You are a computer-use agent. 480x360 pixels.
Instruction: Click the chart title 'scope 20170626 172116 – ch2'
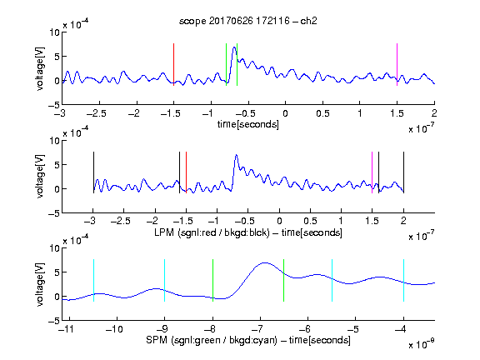click(x=248, y=21)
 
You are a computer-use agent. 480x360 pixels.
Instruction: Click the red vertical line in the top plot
click(x=173, y=65)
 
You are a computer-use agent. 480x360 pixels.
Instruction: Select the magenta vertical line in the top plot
click(x=397, y=65)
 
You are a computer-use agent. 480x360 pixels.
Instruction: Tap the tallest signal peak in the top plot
click(x=234, y=47)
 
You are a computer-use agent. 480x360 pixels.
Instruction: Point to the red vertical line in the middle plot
click(x=186, y=172)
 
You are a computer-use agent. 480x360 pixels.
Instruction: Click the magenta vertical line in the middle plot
click(x=372, y=172)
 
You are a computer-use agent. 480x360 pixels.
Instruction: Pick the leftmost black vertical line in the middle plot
click(x=93, y=172)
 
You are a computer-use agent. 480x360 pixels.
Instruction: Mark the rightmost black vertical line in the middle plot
click(x=403, y=172)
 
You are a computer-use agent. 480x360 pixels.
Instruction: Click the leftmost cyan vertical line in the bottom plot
click(x=93, y=280)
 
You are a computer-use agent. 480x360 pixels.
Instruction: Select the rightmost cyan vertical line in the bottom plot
click(x=403, y=280)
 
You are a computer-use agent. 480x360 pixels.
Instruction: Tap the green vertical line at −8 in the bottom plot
click(x=212, y=280)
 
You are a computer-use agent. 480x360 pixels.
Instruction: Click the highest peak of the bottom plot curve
click(x=265, y=262)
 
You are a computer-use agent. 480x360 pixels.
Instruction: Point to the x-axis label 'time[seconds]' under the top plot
click(x=248, y=124)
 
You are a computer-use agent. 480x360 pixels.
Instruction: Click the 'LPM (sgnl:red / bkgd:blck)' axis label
click(x=212, y=232)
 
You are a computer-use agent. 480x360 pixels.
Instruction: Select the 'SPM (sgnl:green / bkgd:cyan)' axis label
click(x=212, y=340)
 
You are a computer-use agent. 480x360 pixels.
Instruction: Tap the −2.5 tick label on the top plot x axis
click(x=96, y=113)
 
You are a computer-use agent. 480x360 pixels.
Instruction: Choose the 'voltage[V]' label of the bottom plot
click(x=40, y=284)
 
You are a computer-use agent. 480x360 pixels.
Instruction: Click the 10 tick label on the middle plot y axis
click(x=54, y=141)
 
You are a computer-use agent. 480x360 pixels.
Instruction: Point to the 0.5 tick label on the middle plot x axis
click(x=310, y=221)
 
